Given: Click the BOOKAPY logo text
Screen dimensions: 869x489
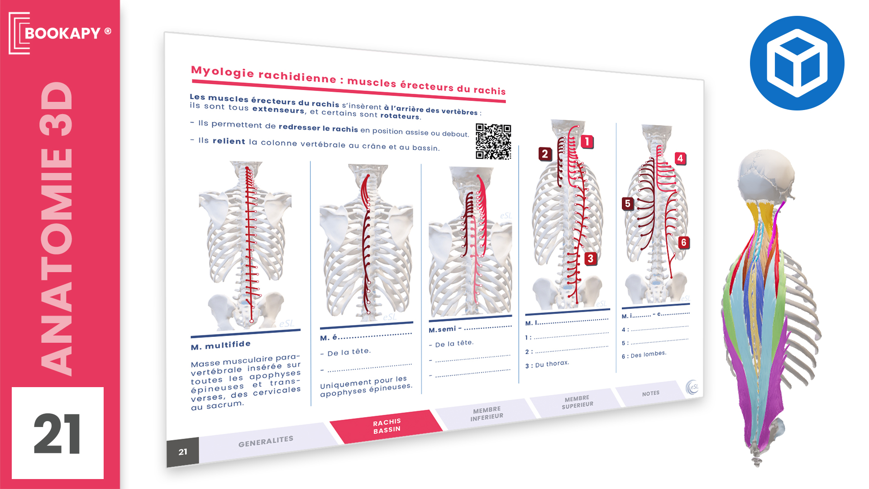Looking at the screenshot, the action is tap(62, 33).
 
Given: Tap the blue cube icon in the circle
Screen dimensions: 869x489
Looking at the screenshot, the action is tap(797, 63).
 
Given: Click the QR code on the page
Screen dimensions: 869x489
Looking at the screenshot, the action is tap(493, 142).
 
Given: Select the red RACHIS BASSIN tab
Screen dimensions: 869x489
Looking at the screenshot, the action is tap(387, 427).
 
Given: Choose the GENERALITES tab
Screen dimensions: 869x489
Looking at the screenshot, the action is tap(266, 441).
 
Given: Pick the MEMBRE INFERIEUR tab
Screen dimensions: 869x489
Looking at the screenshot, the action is tap(487, 413).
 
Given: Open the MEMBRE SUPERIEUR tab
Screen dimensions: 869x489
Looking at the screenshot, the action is tap(578, 402).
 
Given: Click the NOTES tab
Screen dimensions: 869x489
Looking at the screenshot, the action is tap(651, 393).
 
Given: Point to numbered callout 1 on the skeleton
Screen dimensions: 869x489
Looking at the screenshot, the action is tap(587, 142).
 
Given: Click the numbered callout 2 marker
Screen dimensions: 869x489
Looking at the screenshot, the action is tap(545, 154).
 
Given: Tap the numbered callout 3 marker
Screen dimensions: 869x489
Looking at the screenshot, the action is tap(590, 259).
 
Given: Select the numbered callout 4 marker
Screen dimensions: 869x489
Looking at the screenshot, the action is tap(680, 158).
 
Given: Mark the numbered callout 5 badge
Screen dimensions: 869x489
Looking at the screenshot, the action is tap(627, 203).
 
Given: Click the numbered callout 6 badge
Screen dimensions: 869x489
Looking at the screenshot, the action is tap(683, 243).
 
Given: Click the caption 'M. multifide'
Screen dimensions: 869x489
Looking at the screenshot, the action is tap(221, 345).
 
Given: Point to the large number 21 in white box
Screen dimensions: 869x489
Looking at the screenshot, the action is tap(57, 434).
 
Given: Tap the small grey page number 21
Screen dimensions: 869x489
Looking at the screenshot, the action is tap(183, 452).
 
